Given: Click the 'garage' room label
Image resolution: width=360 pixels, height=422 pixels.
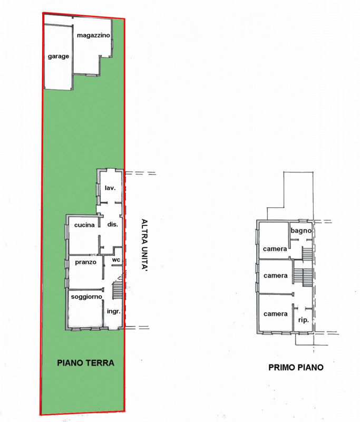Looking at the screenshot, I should (x=59, y=56).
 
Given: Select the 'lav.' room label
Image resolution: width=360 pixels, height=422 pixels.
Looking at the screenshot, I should (x=110, y=187).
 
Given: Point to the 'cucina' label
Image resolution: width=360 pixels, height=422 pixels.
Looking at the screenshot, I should (x=84, y=225).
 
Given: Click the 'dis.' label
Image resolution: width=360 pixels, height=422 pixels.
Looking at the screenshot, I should (x=112, y=224).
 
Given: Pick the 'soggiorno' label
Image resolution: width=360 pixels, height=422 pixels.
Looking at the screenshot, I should (x=86, y=296).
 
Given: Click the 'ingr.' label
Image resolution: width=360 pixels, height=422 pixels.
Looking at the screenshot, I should (x=114, y=311).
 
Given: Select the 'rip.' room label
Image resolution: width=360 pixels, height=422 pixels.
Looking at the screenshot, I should (x=303, y=320).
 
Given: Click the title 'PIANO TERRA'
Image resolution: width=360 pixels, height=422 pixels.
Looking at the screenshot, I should (x=86, y=363).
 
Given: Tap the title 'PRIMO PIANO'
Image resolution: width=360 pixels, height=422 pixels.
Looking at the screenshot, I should (x=296, y=368).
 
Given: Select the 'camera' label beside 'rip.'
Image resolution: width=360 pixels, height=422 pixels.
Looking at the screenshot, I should (x=276, y=313).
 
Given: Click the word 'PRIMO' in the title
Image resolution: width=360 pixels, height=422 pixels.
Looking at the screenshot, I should (x=282, y=368).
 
